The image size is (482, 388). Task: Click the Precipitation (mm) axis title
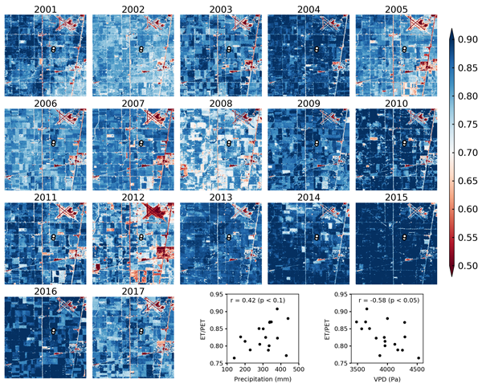point(262,382)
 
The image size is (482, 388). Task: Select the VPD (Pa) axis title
point(388,382)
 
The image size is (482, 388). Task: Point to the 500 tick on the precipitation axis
point(299,370)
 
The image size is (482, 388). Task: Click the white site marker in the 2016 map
point(54,330)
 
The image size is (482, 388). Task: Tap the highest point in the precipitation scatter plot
point(277,308)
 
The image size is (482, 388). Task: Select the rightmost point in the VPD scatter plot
point(419,358)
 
